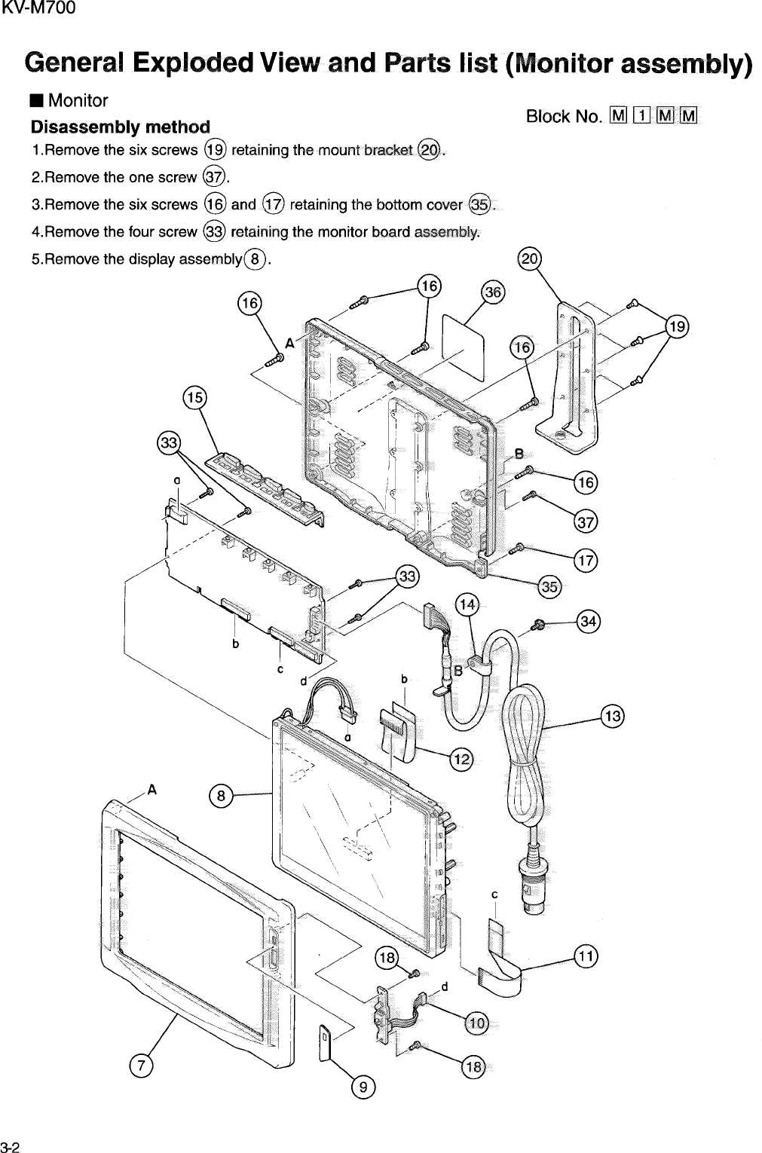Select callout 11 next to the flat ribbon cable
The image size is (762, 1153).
click(x=586, y=957)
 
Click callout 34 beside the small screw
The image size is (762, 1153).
click(x=587, y=622)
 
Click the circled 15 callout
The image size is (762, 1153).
click(x=194, y=399)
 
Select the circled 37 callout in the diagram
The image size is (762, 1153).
click(x=586, y=521)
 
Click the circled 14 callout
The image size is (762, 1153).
click(x=467, y=604)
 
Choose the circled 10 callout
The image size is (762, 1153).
click(x=476, y=1023)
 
